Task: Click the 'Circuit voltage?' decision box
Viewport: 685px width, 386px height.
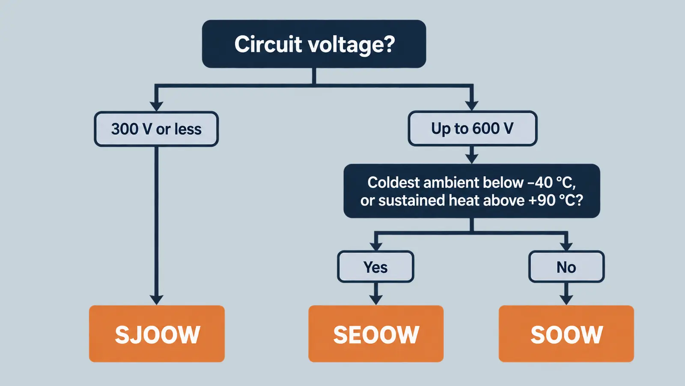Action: (x=314, y=44)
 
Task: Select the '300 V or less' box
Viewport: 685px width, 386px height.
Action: (x=156, y=129)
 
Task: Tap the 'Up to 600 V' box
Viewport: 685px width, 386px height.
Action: (x=473, y=128)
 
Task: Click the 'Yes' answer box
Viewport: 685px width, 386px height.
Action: (x=375, y=267)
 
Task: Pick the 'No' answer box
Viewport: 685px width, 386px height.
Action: (x=566, y=267)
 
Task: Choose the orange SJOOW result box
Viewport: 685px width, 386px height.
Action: (x=157, y=334)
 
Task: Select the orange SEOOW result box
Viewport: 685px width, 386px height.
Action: (x=376, y=334)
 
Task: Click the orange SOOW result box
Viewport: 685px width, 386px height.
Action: (x=566, y=334)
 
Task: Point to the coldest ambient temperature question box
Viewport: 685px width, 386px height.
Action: (x=472, y=191)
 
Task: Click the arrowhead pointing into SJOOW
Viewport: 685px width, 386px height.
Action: (x=156, y=300)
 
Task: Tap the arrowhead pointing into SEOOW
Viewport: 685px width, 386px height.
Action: (x=376, y=300)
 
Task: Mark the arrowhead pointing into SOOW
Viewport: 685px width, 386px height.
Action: (x=566, y=300)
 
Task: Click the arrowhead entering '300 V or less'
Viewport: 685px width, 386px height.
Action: (x=156, y=106)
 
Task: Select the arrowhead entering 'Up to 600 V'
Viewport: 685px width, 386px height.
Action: (x=472, y=106)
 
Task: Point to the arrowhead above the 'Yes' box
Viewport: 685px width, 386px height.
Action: (x=376, y=246)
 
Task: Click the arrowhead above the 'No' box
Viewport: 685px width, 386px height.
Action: (x=566, y=246)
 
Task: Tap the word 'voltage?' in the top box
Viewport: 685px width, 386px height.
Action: (x=351, y=45)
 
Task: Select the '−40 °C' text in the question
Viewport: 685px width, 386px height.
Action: (x=551, y=183)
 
